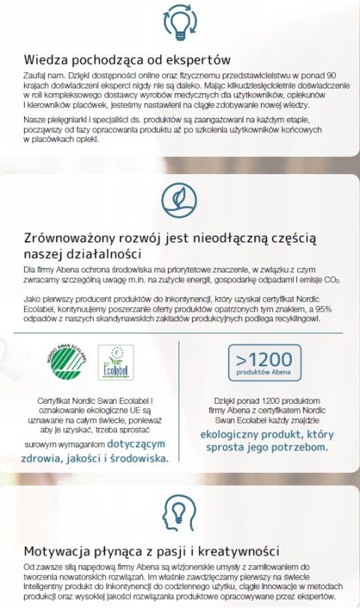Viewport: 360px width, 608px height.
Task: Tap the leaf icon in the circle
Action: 179,198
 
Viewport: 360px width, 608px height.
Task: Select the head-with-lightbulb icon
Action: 179,510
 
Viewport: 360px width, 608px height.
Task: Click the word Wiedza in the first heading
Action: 44,59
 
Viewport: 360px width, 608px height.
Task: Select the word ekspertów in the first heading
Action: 197,59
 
